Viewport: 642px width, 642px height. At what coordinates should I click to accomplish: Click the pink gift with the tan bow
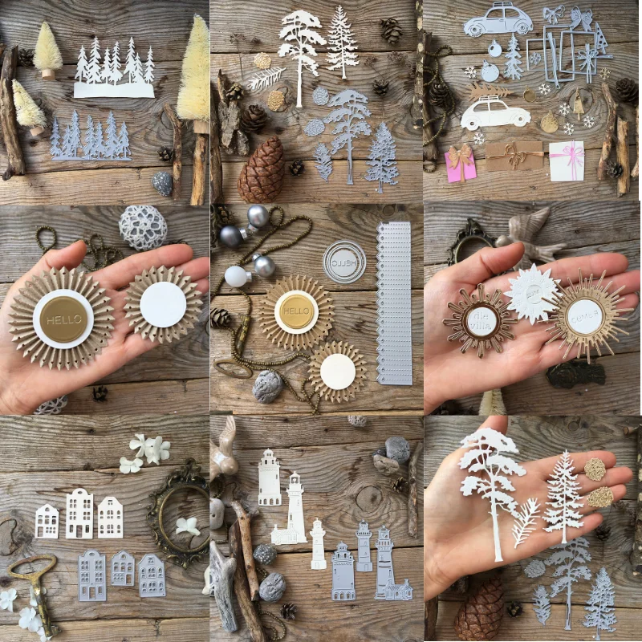(461, 164)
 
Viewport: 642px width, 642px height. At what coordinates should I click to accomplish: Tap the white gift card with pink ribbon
(567, 160)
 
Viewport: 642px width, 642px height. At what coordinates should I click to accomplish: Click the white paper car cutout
(495, 114)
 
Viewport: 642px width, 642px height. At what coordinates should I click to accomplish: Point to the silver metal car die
(498, 21)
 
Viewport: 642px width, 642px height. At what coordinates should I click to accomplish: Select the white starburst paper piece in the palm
(531, 295)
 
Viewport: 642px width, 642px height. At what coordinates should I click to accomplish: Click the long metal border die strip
(394, 303)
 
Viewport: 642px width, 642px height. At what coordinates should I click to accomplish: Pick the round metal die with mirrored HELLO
(343, 262)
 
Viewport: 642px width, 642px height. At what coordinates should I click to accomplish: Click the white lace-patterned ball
(143, 227)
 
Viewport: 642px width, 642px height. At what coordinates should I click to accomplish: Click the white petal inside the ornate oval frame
(188, 526)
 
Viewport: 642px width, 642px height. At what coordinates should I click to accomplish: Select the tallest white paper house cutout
(79, 514)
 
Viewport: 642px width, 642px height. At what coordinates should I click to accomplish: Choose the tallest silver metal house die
(91, 575)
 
